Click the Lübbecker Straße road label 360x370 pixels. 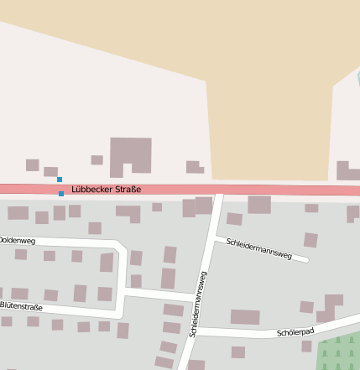[106, 190]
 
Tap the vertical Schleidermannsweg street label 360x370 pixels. [198, 304]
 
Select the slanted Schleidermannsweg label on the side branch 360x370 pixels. [259, 248]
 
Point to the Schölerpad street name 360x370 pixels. [295, 333]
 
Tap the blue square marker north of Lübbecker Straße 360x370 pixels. [59, 180]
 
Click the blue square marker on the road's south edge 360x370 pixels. [61, 194]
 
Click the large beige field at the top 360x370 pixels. [269, 92]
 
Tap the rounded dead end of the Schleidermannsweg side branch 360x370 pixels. [305, 259]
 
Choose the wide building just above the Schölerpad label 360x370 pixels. [245, 317]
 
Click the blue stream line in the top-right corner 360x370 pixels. [357, 80]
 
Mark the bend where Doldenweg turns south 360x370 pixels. [123, 249]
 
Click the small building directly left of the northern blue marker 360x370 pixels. [50, 171]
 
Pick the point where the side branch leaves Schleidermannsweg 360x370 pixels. [212, 238]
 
